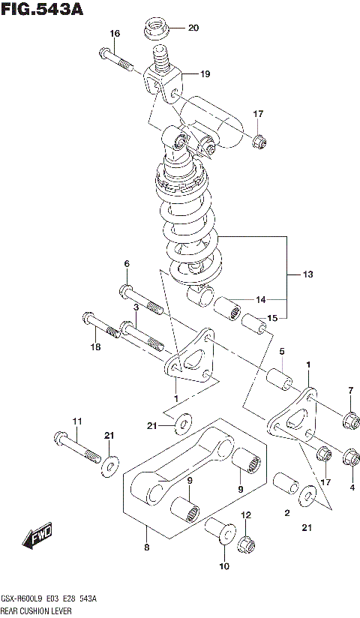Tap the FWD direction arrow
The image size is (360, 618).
point(36,535)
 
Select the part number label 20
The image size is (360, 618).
point(193,28)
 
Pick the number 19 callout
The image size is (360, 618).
point(205,73)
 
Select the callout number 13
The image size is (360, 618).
point(307,274)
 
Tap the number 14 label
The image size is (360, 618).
point(260,299)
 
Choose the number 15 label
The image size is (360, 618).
point(272,318)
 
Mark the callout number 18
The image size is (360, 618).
point(94,346)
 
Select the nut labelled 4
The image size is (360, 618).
point(349,455)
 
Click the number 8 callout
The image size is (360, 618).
point(147,547)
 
